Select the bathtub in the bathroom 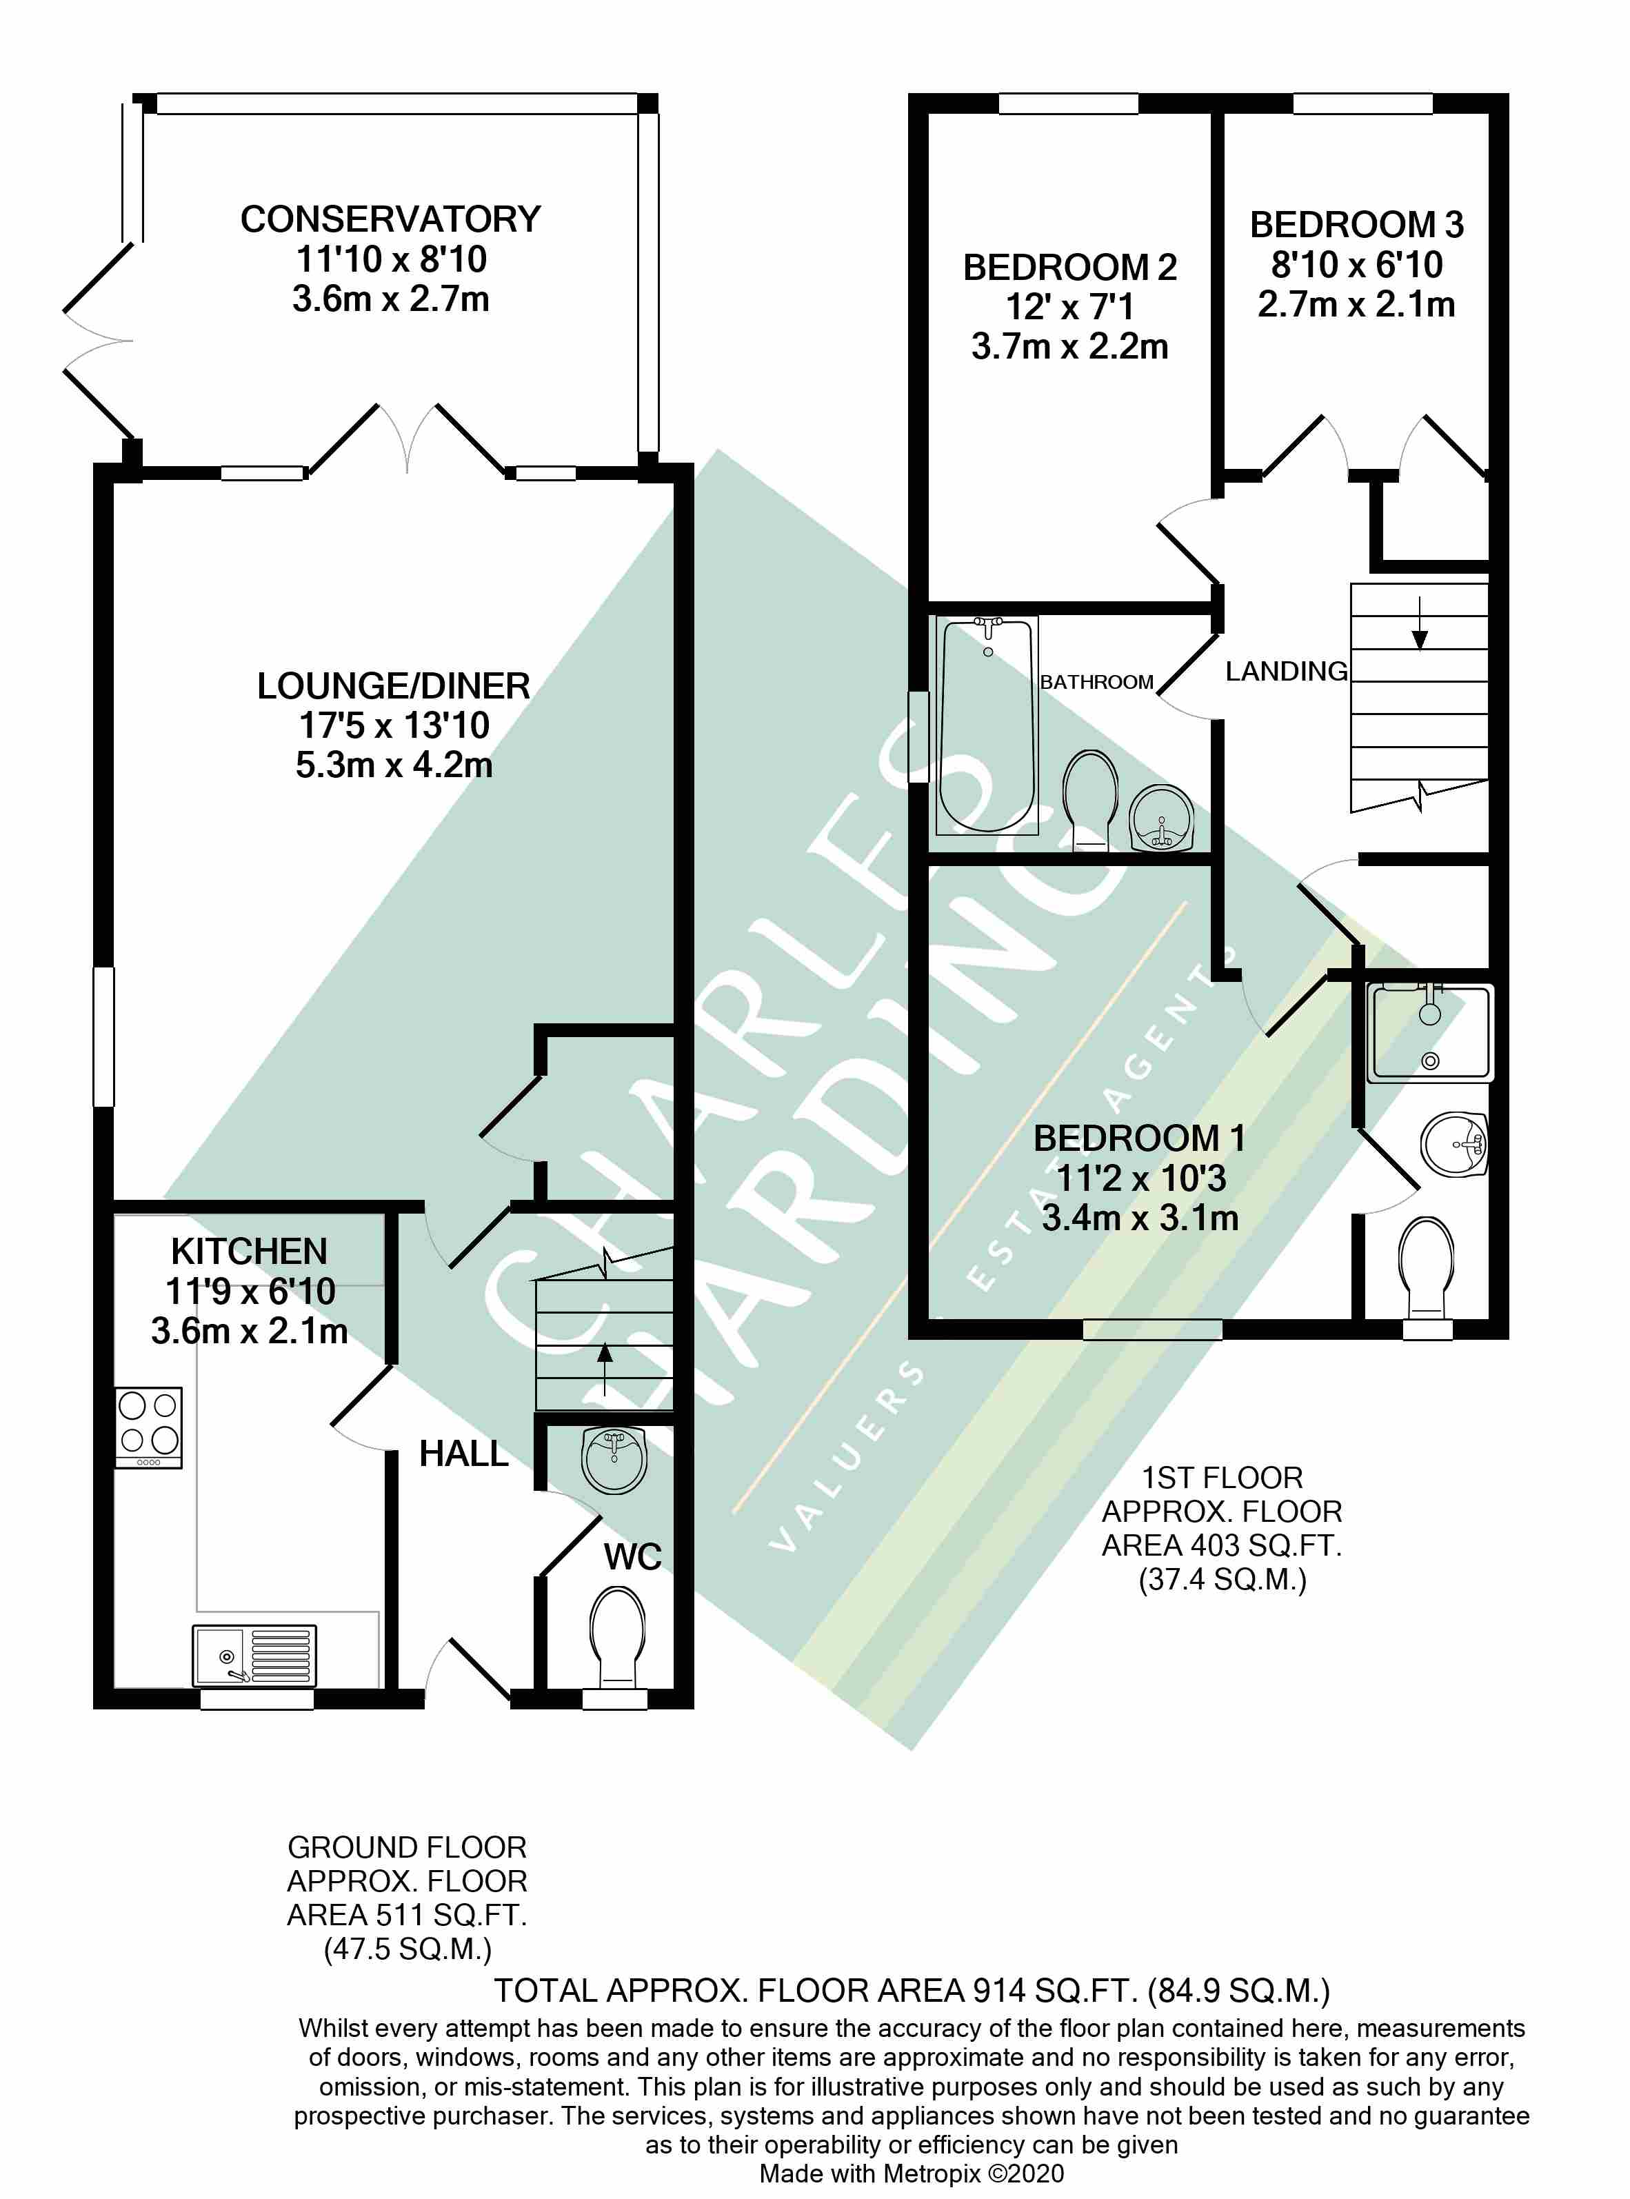coord(987,723)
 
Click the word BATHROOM coord(1096,682)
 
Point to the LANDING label coord(1286,672)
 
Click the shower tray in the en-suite coord(1430,1032)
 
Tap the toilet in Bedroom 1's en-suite coord(1427,1267)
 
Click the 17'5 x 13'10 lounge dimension coord(394,725)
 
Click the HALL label coord(464,1453)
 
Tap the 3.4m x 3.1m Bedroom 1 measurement coord(1140,1217)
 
